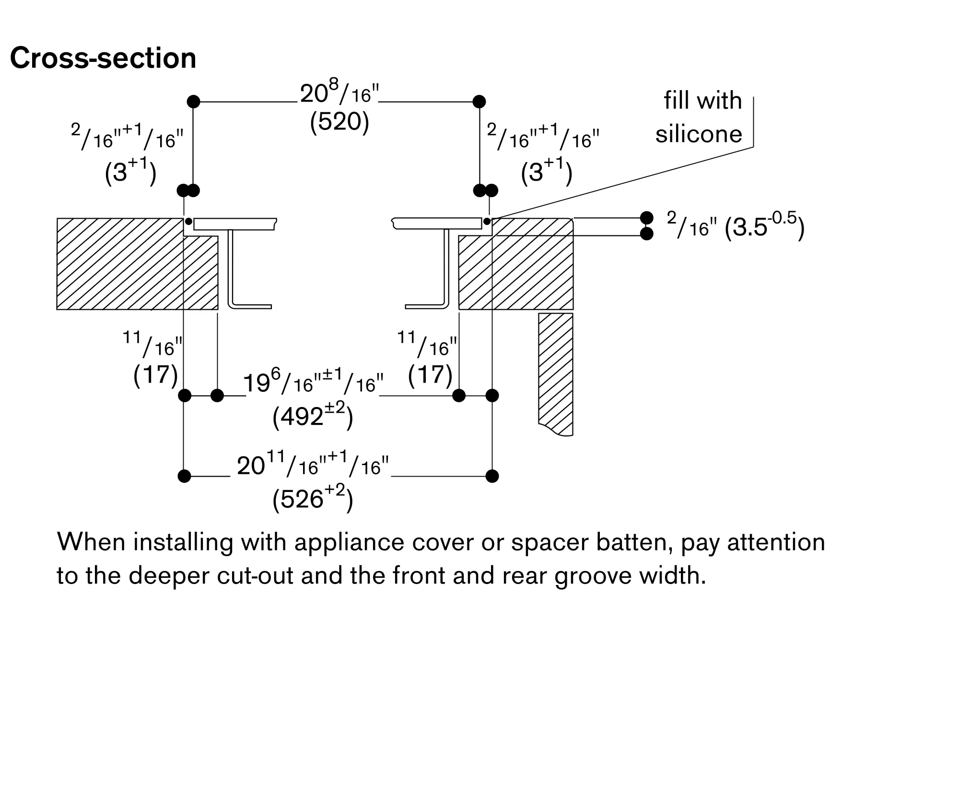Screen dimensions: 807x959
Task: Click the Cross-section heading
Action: pyautogui.click(x=103, y=58)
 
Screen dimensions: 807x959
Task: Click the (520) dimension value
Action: pyautogui.click(x=339, y=122)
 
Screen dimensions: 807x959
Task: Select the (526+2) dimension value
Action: pyautogui.click(x=313, y=499)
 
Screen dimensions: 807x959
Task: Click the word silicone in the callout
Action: pyautogui.click(x=699, y=134)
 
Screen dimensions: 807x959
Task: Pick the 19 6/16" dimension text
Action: pyautogui.click(x=313, y=383)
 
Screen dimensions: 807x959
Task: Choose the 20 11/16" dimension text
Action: pyautogui.click(x=313, y=465)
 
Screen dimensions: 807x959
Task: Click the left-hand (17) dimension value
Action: pyautogui.click(x=155, y=374)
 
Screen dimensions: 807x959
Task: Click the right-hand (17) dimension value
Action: pyautogui.click(x=430, y=374)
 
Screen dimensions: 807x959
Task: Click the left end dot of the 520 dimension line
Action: pyautogui.click(x=193, y=102)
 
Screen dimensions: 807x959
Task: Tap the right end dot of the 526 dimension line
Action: pyautogui.click(x=492, y=476)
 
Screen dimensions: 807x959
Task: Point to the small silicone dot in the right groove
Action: pyautogui.click(x=487, y=222)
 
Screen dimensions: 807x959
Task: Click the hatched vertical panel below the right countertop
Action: pyautogui.click(x=556, y=369)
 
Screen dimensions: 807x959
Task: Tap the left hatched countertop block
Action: pyautogui.click(x=120, y=264)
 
